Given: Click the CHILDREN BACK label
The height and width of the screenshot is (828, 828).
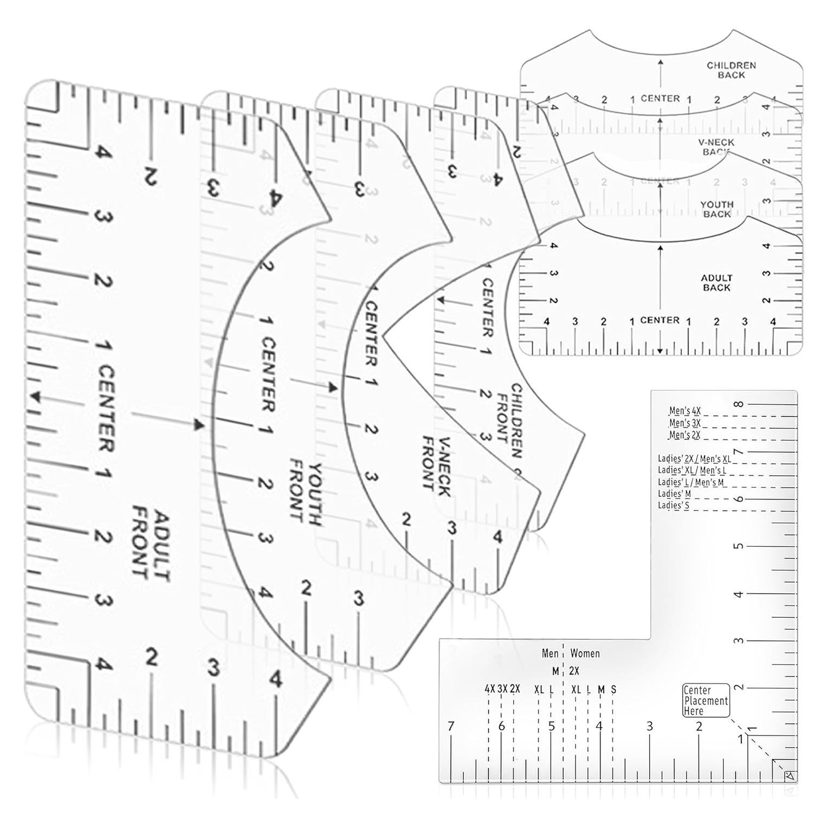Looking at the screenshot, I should coord(731,70).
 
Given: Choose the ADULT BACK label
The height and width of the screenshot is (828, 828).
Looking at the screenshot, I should coord(716,282).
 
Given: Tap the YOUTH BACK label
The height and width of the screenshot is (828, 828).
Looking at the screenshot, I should coord(716,209).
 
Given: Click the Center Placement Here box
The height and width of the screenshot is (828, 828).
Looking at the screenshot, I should coord(706,700).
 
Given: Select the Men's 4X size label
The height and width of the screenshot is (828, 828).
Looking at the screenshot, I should coord(684,411).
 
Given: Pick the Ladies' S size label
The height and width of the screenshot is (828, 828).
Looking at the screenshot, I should coord(674,506).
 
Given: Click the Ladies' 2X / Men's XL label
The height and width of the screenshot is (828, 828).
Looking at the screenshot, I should coord(694,458).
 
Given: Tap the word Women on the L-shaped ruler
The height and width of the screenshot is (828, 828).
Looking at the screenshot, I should coord(585,654).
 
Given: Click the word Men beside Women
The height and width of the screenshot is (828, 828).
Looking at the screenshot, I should coord(550,654).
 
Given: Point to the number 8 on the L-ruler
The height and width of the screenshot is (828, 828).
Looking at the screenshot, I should coord(738,404).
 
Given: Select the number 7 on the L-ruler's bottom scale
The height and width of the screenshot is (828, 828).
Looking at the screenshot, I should coord(451,726).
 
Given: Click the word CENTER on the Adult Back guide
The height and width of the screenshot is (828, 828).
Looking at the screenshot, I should coord(659,320).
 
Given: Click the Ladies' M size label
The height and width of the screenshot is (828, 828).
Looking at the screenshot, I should coord(674,494).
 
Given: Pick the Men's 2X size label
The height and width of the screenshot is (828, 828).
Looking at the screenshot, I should coord(684,435).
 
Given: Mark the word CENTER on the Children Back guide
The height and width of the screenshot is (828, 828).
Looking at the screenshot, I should coord(659,99).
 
